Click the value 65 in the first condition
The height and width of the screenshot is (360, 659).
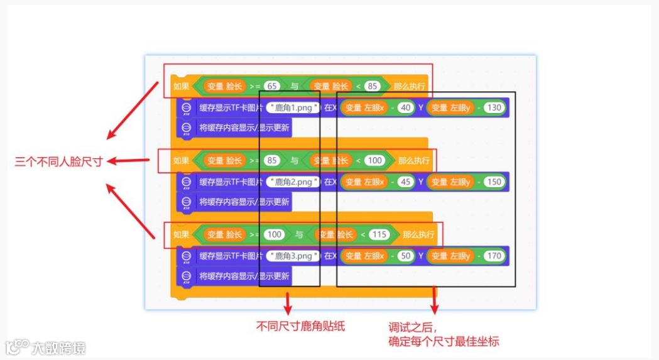click(272, 86)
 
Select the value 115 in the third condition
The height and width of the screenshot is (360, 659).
click(379, 234)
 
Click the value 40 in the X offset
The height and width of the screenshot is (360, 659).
click(405, 108)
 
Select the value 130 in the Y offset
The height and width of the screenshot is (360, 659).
click(494, 108)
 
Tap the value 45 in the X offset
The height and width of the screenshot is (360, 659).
click(405, 182)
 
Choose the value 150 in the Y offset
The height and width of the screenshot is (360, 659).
click(494, 182)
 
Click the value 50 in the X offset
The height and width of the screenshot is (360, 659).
click(405, 256)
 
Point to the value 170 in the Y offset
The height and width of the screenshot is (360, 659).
click(494, 256)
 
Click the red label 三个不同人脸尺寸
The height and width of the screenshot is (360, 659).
click(59, 161)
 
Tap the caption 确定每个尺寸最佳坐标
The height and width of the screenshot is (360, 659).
click(444, 341)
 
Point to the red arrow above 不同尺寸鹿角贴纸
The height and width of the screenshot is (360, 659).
click(288, 303)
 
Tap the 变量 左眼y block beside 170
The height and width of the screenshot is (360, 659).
click(450, 256)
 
